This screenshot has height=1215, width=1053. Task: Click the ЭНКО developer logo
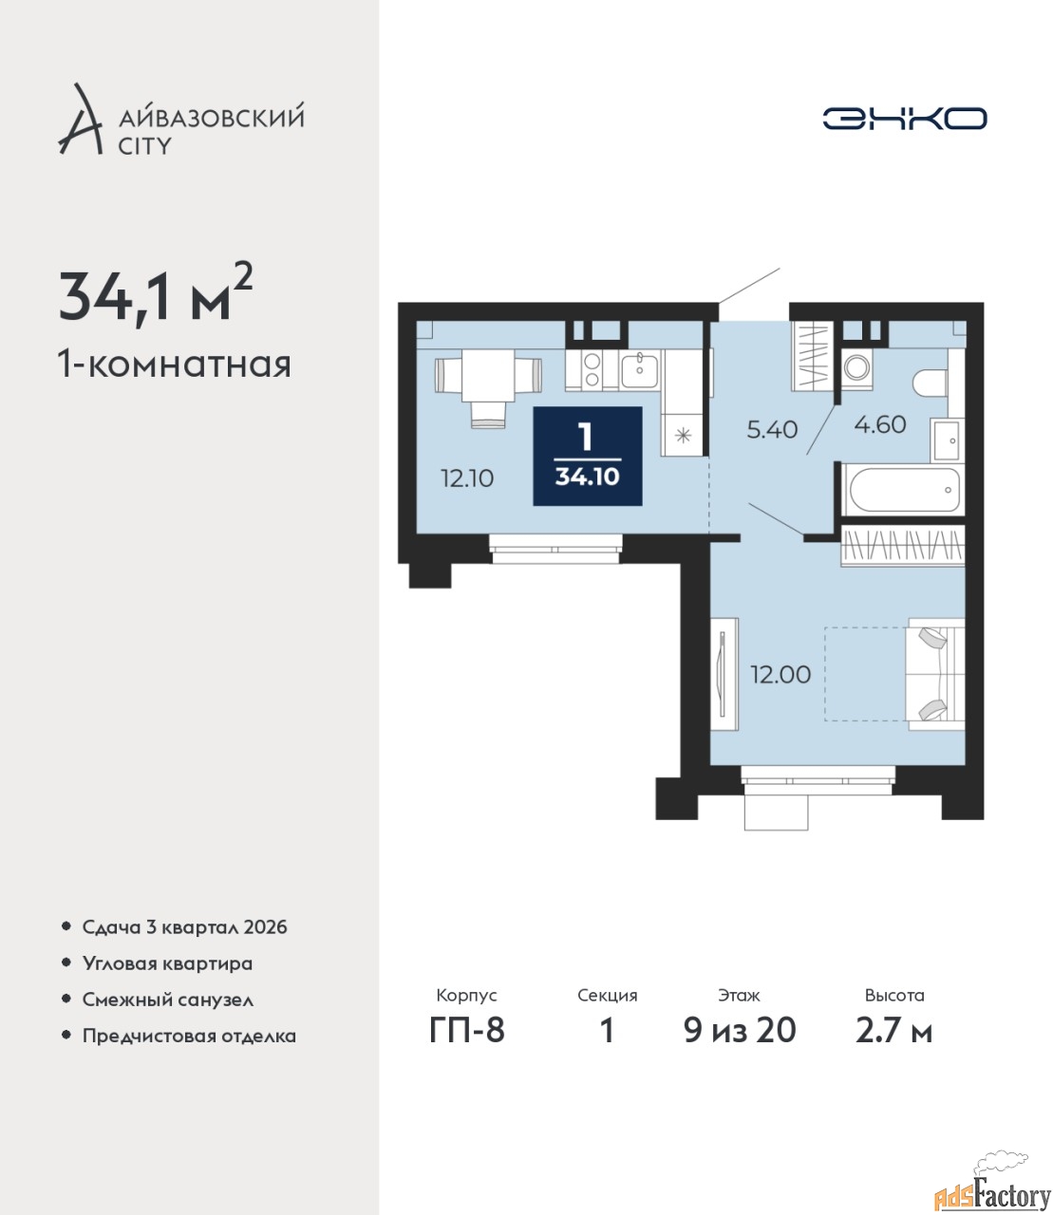pyautogui.click(x=904, y=118)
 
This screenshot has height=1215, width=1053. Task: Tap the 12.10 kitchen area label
pyautogui.click(x=467, y=478)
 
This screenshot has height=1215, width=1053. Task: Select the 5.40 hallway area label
pyautogui.click(x=772, y=430)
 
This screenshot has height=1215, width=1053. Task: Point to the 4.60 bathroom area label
pyautogui.click(x=879, y=424)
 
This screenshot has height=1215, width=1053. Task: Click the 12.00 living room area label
pyautogui.click(x=780, y=674)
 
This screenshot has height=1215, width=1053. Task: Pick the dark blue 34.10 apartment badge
pyautogui.click(x=588, y=456)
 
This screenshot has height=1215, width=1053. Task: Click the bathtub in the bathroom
pyautogui.click(x=903, y=489)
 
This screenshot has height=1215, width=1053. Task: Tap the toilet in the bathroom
pyautogui.click(x=931, y=383)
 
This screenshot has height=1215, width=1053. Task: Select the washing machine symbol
pyautogui.click(x=856, y=368)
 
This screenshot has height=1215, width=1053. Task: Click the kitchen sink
pyautogui.click(x=640, y=369)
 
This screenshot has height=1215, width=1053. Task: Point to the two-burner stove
pyautogui.click(x=592, y=370)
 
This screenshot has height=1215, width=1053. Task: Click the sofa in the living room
pyautogui.click(x=936, y=674)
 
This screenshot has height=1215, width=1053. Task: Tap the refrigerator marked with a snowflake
pyautogui.click(x=682, y=435)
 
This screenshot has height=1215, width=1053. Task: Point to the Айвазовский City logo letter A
pyautogui.click(x=80, y=120)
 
